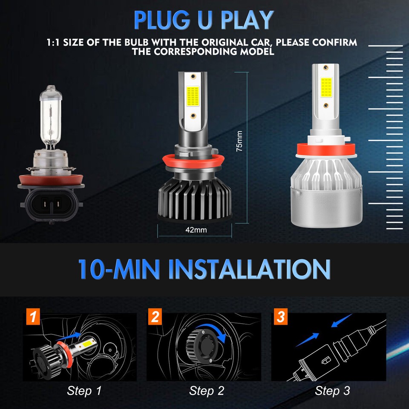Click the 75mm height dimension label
click(x=239, y=142)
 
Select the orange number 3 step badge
click(x=280, y=317)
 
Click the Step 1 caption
click(x=84, y=390)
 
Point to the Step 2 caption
click(x=207, y=390)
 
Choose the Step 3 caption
click(x=332, y=390)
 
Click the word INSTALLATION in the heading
click(x=249, y=268)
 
